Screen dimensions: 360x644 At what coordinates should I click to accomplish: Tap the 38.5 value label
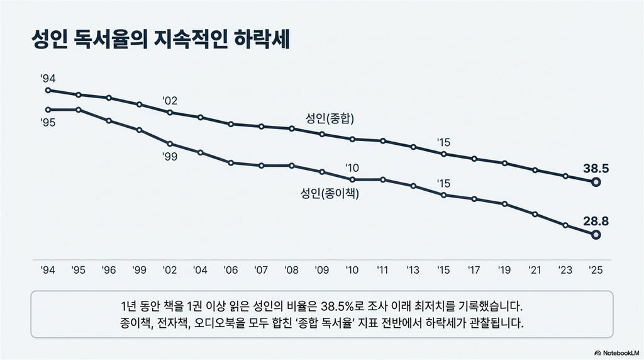(595, 169)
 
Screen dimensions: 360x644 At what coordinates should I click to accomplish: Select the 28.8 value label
(595, 222)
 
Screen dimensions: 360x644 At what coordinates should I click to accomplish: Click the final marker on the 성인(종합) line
(596, 183)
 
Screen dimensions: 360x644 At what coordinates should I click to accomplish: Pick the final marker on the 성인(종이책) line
(596, 235)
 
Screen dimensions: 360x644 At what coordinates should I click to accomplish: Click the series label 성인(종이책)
(330, 194)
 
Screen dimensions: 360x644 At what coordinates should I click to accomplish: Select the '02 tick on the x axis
(170, 270)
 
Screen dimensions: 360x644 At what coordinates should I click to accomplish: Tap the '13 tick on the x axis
(413, 270)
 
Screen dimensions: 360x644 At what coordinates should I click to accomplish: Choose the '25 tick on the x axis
(595, 270)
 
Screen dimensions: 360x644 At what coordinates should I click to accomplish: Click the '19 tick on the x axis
(504, 270)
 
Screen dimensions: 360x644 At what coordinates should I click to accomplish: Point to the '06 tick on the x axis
(231, 270)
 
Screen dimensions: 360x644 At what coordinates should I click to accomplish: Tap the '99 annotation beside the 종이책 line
(170, 155)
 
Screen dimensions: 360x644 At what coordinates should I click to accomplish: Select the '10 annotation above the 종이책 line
(352, 167)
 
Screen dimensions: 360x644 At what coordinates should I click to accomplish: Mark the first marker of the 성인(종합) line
(48, 90)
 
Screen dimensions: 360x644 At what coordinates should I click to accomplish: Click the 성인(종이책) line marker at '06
(231, 162)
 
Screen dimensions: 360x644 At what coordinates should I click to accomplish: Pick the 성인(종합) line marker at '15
(443, 154)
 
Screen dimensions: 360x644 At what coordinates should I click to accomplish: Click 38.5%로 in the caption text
(340, 308)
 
